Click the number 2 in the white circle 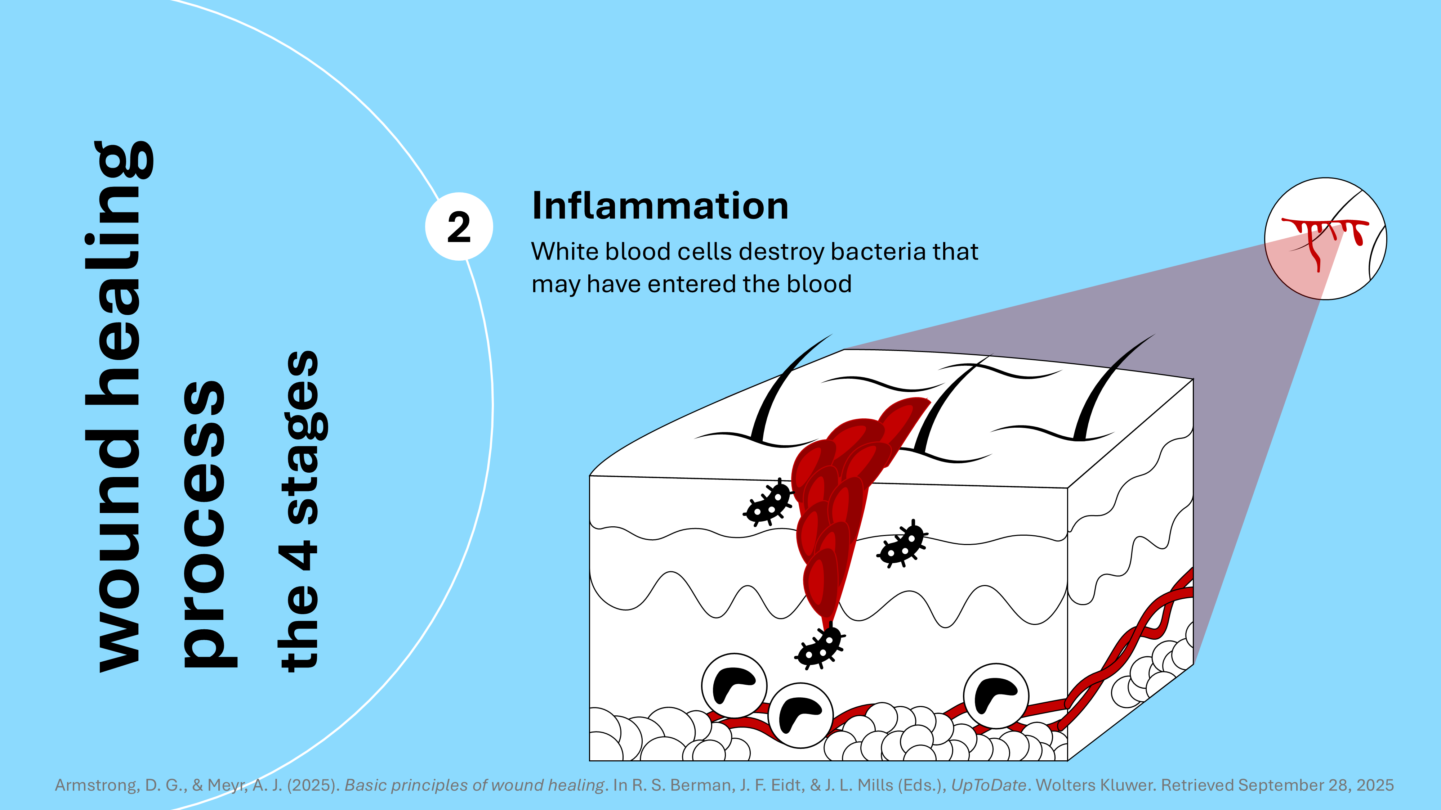point(459,227)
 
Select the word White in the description point(565,252)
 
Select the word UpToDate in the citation point(989,786)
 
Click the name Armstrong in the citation point(95,786)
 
